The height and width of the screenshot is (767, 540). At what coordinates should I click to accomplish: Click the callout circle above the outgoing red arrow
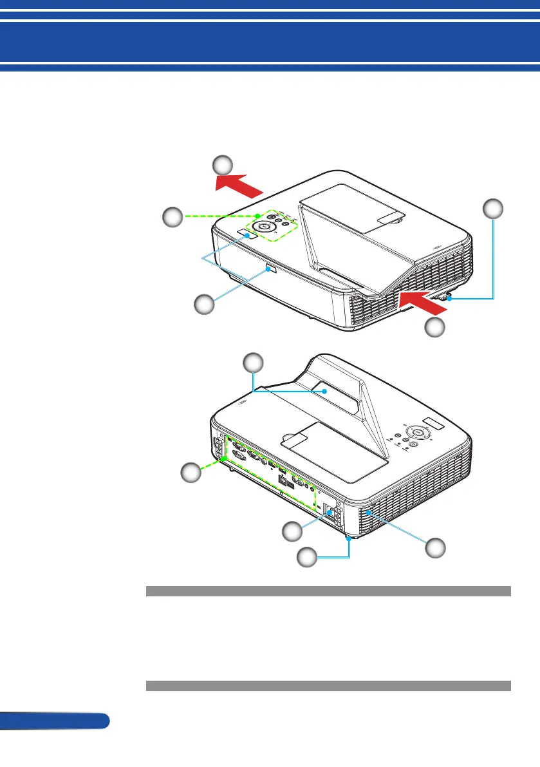point(223,165)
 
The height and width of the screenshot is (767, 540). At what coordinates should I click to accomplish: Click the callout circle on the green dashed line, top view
point(172,216)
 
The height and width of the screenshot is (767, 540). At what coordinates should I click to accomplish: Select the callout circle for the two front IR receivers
point(205,305)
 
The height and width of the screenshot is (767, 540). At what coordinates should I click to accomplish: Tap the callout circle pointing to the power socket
point(293,532)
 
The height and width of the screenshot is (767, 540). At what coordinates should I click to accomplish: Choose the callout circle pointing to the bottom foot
point(306,558)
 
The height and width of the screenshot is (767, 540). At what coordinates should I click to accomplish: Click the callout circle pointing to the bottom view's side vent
point(436,548)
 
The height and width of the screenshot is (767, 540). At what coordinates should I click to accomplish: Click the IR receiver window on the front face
point(271,271)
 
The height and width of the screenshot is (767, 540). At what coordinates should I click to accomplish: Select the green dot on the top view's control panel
point(258,215)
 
